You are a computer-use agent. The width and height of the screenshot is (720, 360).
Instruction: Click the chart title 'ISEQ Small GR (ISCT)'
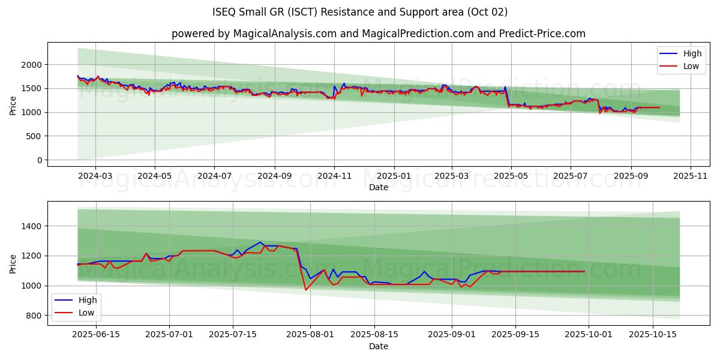click(x=360, y=12)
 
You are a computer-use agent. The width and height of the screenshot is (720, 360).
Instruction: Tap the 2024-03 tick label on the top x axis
click(x=95, y=176)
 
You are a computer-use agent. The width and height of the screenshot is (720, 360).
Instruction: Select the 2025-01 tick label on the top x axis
click(x=394, y=176)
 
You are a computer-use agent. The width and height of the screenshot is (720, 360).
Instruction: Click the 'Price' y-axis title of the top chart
click(x=13, y=105)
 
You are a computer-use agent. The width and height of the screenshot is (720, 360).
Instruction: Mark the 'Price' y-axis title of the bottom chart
click(x=13, y=263)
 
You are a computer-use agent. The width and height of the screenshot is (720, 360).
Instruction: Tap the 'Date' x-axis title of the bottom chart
click(x=378, y=346)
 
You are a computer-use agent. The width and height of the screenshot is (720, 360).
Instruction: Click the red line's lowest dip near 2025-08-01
click(x=305, y=290)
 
